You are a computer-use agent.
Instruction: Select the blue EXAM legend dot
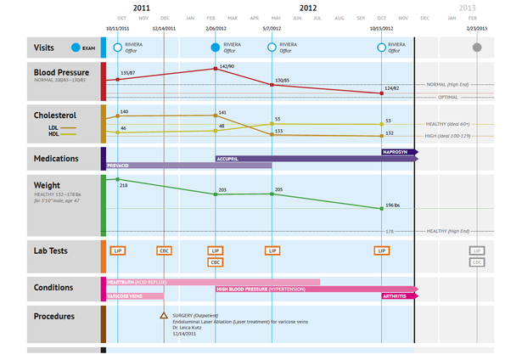pos(76,48)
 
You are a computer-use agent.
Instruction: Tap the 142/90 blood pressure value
pos(227,66)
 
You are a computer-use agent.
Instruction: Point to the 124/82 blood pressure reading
pos(391,88)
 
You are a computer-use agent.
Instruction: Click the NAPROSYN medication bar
pos(396,151)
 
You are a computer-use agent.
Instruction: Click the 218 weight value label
pos(124,184)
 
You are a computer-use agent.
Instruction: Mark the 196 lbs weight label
pos(395,205)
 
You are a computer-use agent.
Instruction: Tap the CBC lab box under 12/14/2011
pos(164,250)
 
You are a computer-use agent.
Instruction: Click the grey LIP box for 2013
pos(477,250)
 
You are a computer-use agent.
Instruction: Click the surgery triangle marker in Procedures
pos(164,316)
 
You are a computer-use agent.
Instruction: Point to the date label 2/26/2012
pos(216,28)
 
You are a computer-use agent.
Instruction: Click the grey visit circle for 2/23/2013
pos(477,48)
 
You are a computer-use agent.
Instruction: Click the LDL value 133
pos(278,132)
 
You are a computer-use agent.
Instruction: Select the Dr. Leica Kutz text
pos(191,329)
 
